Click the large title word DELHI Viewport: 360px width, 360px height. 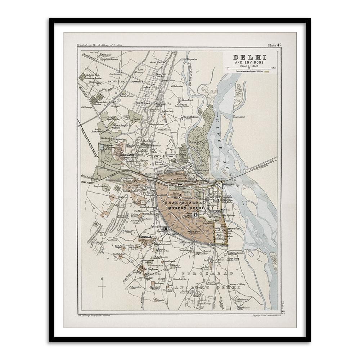tap(249, 57)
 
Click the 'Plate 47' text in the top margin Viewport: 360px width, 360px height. tap(274, 45)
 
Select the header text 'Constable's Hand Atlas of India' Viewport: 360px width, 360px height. tap(99, 45)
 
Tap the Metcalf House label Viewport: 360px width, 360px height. tap(192, 117)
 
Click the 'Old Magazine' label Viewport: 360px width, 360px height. tap(189, 59)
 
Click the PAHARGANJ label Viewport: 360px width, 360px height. tap(147, 237)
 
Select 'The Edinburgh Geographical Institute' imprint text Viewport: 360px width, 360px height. tap(94, 315)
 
